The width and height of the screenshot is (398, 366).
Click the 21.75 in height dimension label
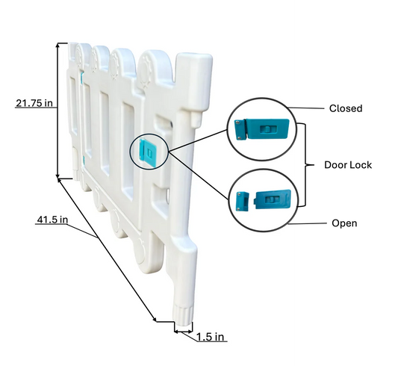click(x=34, y=103)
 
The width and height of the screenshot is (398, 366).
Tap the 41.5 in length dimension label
click(x=52, y=220)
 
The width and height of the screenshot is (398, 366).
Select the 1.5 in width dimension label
click(x=211, y=337)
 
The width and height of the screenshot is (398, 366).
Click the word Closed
click(x=346, y=108)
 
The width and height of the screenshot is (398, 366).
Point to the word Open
click(x=344, y=223)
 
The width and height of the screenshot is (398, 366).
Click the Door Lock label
click(x=348, y=165)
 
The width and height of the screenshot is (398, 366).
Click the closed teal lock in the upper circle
click(x=262, y=129)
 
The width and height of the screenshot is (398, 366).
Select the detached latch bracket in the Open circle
click(x=243, y=201)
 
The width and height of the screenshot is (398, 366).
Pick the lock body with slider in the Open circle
click(x=273, y=199)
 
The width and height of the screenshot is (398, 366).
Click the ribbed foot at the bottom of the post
click(x=183, y=316)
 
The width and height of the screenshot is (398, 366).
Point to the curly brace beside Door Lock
click(x=305, y=165)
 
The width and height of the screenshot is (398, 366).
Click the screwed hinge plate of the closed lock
click(x=240, y=130)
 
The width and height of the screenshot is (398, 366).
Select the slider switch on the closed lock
click(x=268, y=130)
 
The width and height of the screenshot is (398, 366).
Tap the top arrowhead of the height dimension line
click(x=58, y=45)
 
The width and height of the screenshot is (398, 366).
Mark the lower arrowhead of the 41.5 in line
click(x=155, y=319)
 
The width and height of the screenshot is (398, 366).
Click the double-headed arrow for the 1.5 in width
click(x=183, y=331)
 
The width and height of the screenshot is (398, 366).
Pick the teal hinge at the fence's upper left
click(x=81, y=78)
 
